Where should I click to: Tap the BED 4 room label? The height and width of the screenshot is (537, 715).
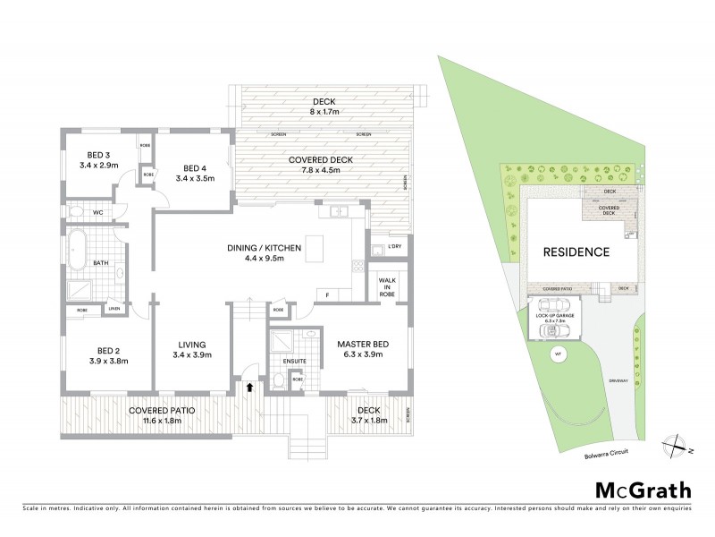pos(196,167)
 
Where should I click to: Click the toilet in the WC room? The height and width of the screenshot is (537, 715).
pos(78,212)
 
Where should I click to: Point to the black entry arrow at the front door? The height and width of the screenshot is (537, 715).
pos(250,388)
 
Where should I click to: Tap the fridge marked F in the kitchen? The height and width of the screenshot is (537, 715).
pos(328,294)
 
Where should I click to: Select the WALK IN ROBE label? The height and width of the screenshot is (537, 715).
pos(388,286)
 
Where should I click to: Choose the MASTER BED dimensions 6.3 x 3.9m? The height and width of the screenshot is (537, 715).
pos(359,354)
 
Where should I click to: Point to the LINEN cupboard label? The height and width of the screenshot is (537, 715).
pos(114,309)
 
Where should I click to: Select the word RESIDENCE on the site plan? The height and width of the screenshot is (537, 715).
pos(576,252)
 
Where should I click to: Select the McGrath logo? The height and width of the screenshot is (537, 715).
pos(643,490)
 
